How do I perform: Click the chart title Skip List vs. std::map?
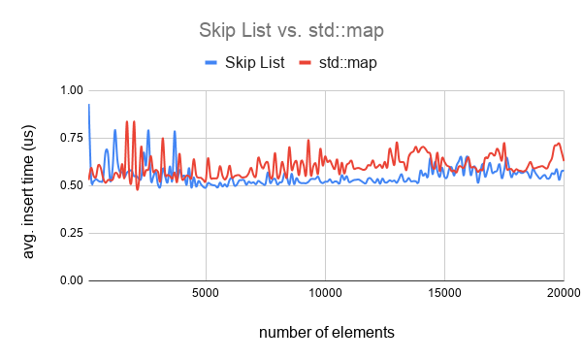(x=290, y=29)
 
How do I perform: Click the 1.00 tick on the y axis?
(x=71, y=90)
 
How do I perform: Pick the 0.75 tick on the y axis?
(x=71, y=138)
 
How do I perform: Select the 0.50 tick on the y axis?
(x=71, y=185)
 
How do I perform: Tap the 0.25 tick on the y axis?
(x=71, y=233)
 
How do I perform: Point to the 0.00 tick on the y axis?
(x=71, y=280)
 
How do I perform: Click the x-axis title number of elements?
(x=327, y=333)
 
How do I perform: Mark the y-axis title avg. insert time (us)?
(x=30, y=184)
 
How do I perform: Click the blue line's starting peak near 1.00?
(x=89, y=105)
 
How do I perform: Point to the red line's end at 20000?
(x=564, y=160)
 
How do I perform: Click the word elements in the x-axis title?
(x=363, y=333)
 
